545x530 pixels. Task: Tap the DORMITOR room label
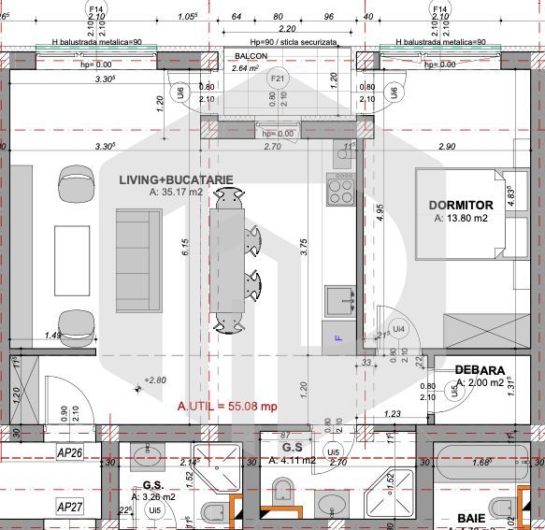click(461, 205)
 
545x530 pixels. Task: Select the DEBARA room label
click(480, 370)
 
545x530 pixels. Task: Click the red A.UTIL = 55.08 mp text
click(227, 407)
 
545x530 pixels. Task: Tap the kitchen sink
click(340, 301)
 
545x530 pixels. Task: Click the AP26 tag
click(70, 453)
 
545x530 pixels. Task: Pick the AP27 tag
click(70, 506)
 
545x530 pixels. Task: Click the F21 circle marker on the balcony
click(278, 79)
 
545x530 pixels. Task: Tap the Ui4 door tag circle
click(398, 328)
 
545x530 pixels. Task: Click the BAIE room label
click(471, 517)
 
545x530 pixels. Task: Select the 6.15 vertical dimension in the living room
click(186, 247)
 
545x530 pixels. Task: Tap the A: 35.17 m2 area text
click(176, 191)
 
